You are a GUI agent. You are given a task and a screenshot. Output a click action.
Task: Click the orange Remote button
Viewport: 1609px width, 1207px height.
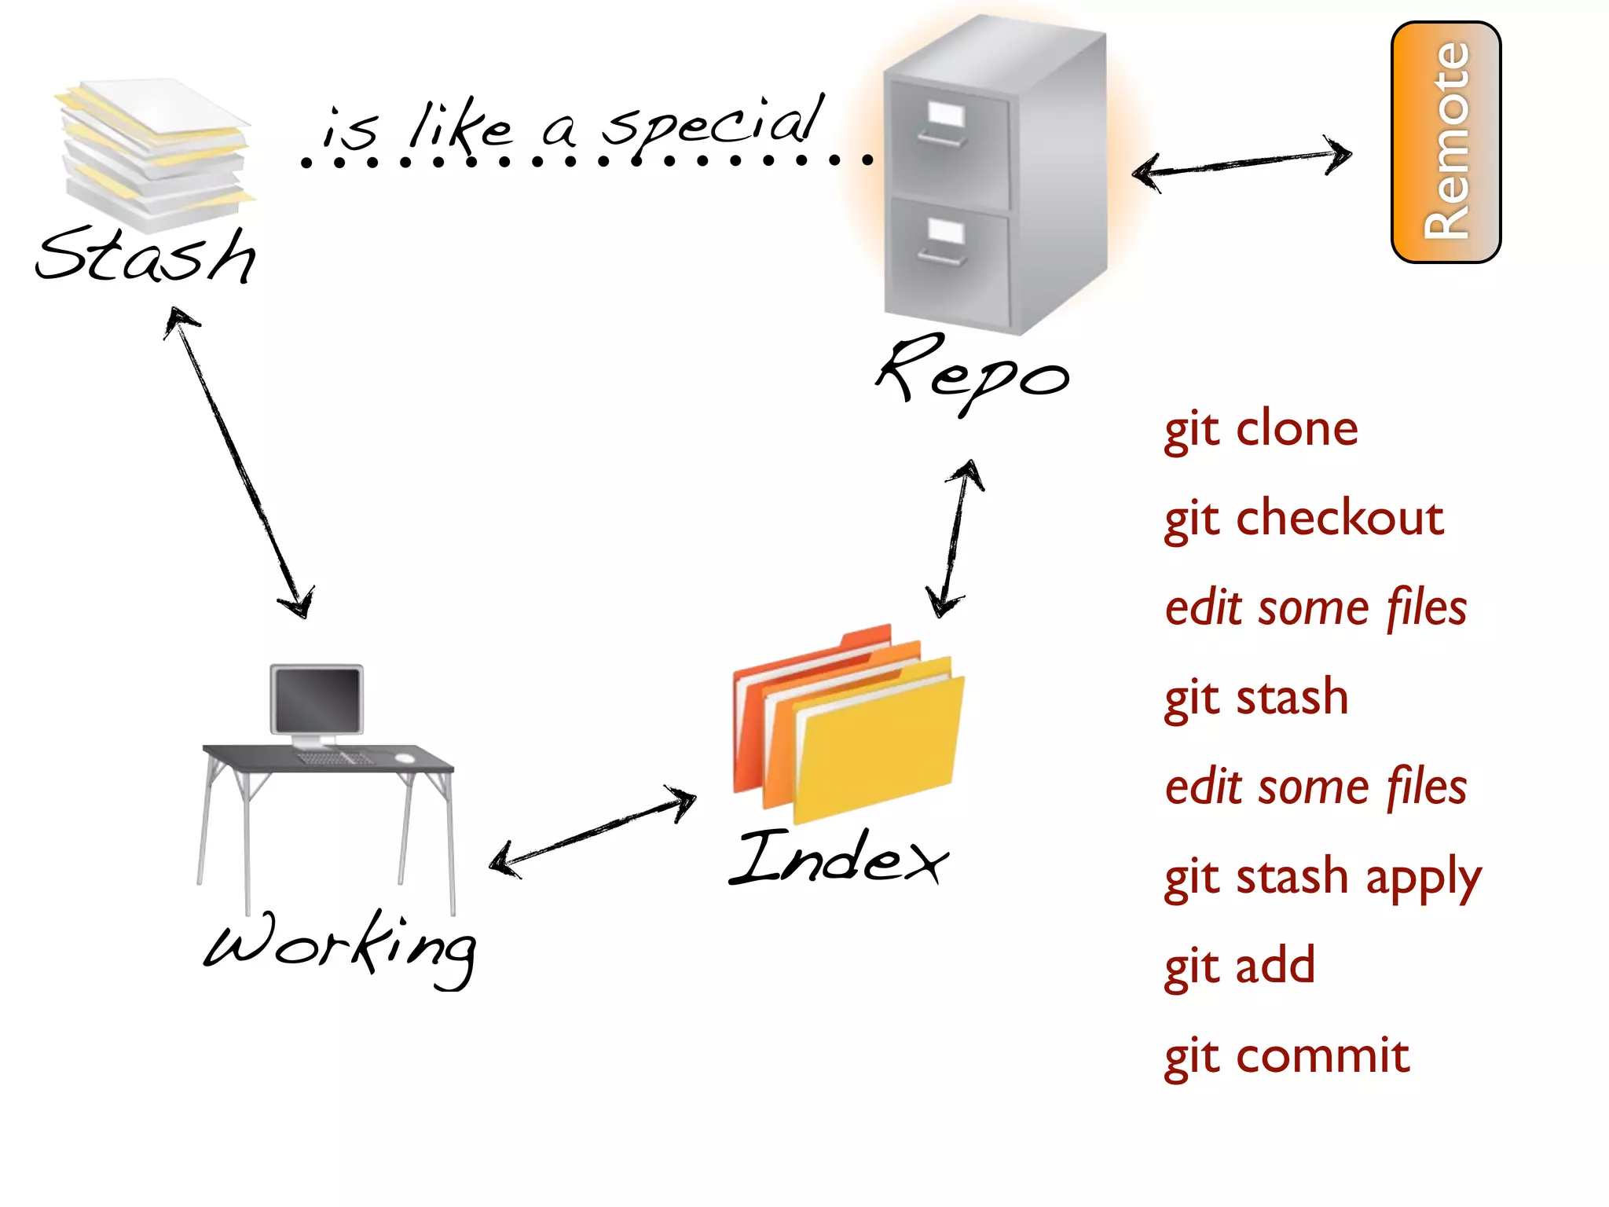[1446, 142]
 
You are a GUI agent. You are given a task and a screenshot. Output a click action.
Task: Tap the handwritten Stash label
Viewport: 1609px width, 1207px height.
[147, 255]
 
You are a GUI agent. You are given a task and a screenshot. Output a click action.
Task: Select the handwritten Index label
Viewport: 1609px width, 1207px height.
[839, 857]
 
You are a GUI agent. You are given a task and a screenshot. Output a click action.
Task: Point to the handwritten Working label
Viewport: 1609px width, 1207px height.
[339, 946]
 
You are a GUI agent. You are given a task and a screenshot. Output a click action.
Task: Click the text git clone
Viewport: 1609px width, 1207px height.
[1260, 430]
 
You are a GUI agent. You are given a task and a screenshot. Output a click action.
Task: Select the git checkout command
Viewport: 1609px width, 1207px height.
[1303, 519]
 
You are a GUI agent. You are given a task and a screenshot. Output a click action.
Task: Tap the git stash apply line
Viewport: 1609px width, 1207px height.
[1322, 878]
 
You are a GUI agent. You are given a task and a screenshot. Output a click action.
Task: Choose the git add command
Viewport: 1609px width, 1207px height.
[1239, 967]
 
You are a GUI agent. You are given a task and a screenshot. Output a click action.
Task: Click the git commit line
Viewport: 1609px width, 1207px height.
[1286, 1056]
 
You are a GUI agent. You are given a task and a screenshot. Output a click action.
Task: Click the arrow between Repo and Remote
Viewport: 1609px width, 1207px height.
[1241, 163]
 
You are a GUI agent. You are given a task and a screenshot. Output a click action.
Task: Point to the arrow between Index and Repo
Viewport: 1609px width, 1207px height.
[955, 539]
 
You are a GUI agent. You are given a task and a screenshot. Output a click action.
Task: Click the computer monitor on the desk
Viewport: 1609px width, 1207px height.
[317, 699]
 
